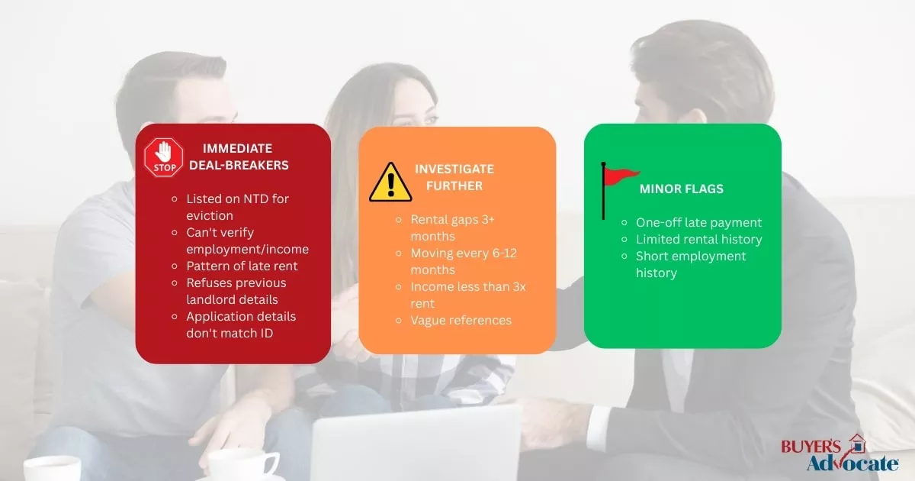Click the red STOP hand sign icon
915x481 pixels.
(x=164, y=157)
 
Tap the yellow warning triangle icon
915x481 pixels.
(x=390, y=182)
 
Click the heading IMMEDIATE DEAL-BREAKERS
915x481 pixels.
(x=246, y=157)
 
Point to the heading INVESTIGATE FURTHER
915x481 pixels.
(x=454, y=177)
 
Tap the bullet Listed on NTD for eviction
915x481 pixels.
(x=237, y=207)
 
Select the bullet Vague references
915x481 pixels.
(x=461, y=320)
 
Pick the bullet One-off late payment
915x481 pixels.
(x=698, y=222)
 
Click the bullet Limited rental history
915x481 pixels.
(x=698, y=239)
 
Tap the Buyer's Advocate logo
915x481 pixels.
(x=840, y=454)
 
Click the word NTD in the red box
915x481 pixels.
(x=245, y=199)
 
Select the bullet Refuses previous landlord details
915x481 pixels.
(x=236, y=291)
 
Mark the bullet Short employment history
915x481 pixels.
(x=691, y=264)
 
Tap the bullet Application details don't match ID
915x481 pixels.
(x=241, y=324)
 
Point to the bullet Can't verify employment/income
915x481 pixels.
(x=247, y=240)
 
